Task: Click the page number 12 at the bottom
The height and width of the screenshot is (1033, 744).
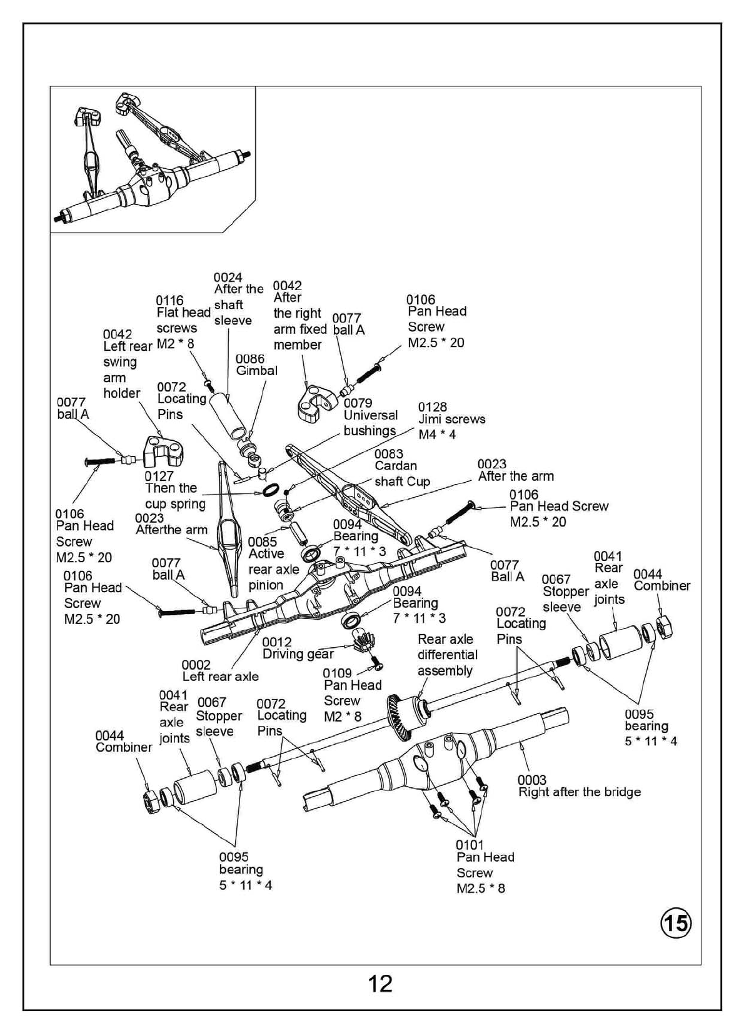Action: [380, 984]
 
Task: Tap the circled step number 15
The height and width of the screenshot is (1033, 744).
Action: [676, 923]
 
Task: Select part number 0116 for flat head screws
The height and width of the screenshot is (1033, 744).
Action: [169, 301]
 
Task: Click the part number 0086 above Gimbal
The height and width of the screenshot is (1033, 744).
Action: [250, 359]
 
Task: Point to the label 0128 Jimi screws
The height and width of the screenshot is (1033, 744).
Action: [433, 407]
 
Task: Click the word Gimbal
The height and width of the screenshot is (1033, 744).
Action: [256, 371]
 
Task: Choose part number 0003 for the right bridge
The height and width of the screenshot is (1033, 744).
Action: [532, 780]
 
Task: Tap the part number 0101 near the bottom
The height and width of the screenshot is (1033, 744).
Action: [470, 845]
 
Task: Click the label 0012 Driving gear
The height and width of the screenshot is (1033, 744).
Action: [298, 648]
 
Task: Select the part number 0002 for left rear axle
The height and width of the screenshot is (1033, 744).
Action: [196, 665]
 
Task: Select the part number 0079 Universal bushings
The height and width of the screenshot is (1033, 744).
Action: [358, 403]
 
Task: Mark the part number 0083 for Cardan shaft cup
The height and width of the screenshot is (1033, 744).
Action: [389, 454]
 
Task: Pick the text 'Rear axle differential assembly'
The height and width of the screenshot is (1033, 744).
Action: [447, 655]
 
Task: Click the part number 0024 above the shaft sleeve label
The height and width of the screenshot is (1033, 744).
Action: [228, 277]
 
